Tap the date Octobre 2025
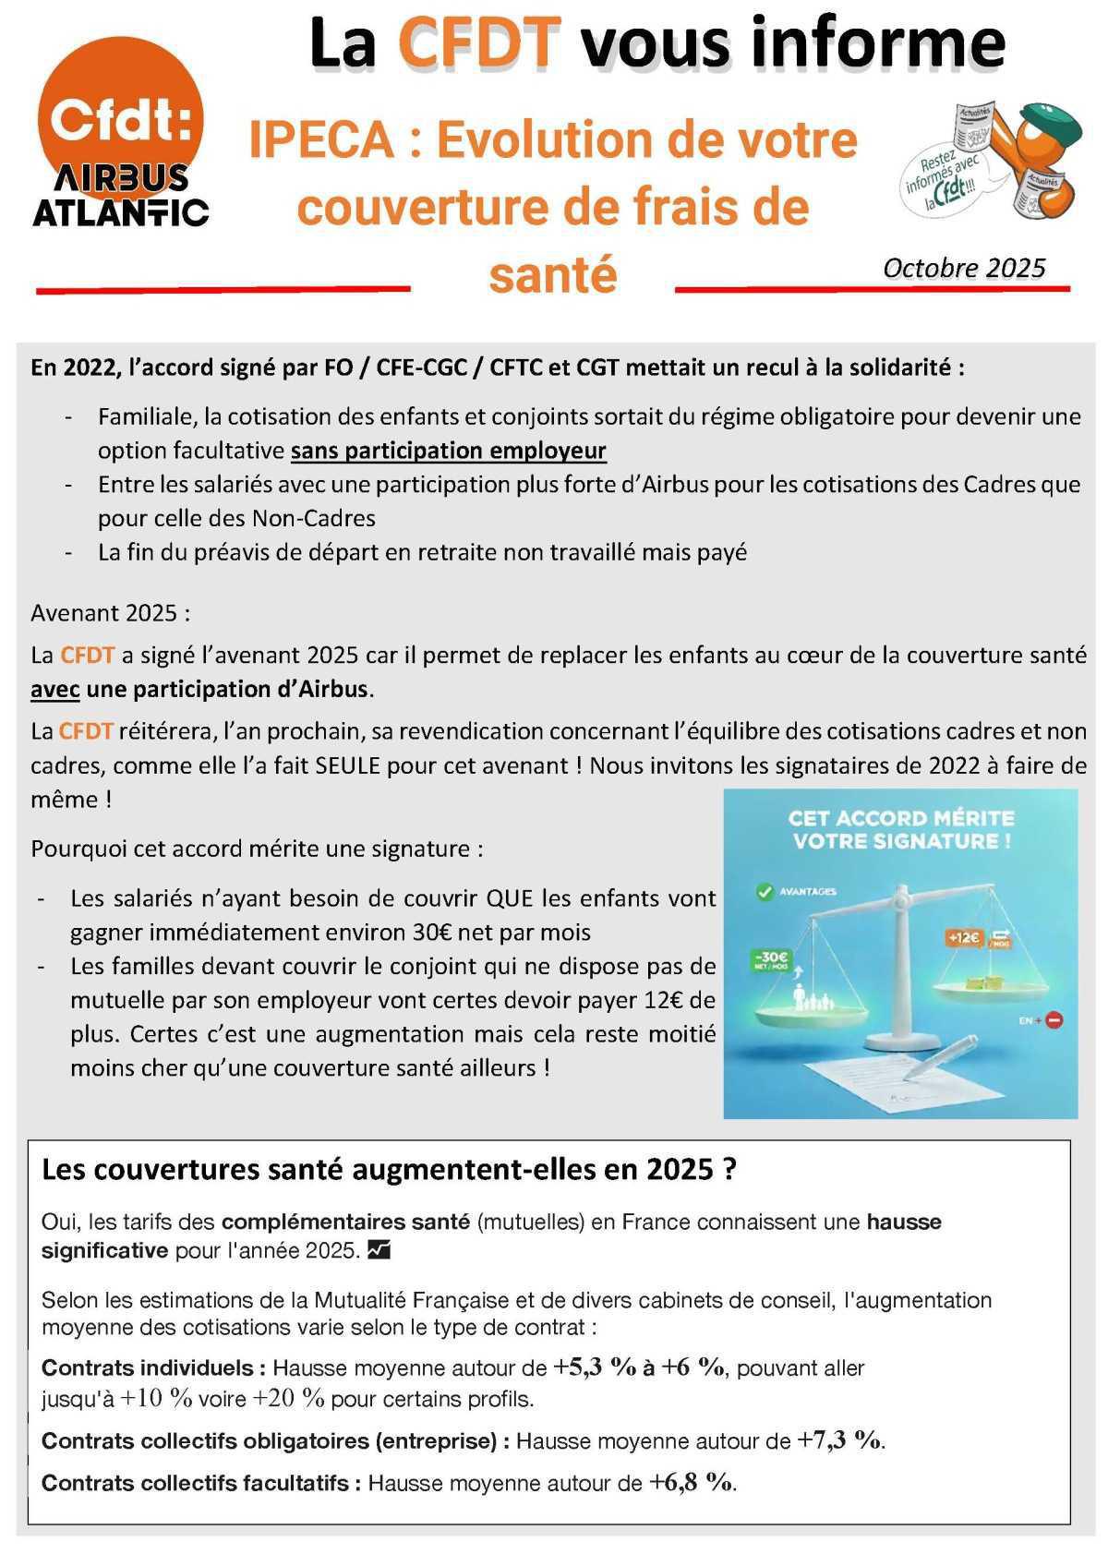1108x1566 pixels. coord(963,268)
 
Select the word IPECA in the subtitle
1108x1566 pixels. coord(321,140)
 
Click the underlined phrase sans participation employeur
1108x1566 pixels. coord(448,451)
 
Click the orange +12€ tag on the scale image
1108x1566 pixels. coord(963,936)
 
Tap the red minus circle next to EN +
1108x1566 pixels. coord(1055,1020)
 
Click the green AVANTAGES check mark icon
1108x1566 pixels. coord(765,892)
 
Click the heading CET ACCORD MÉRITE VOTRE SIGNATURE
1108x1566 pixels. coord(901,829)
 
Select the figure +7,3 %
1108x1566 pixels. coord(839,1440)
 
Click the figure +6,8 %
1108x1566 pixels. coord(691,1482)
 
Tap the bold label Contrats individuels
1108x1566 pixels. coord(153,1367)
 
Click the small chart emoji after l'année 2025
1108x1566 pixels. coord(379,1250)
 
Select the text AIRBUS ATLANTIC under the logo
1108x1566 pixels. coord(120,197)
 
